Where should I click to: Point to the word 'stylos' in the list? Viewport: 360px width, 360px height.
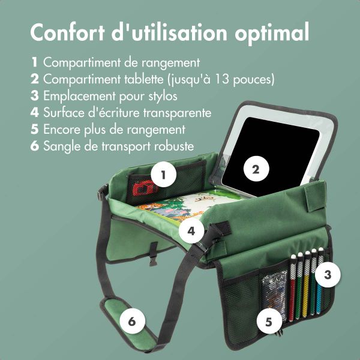pos(161,95)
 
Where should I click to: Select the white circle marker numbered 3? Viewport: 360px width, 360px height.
pos(327,275)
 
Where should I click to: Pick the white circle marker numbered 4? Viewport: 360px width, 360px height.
pos(191,230)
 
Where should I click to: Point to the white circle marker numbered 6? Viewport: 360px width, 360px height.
pos(132,320)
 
